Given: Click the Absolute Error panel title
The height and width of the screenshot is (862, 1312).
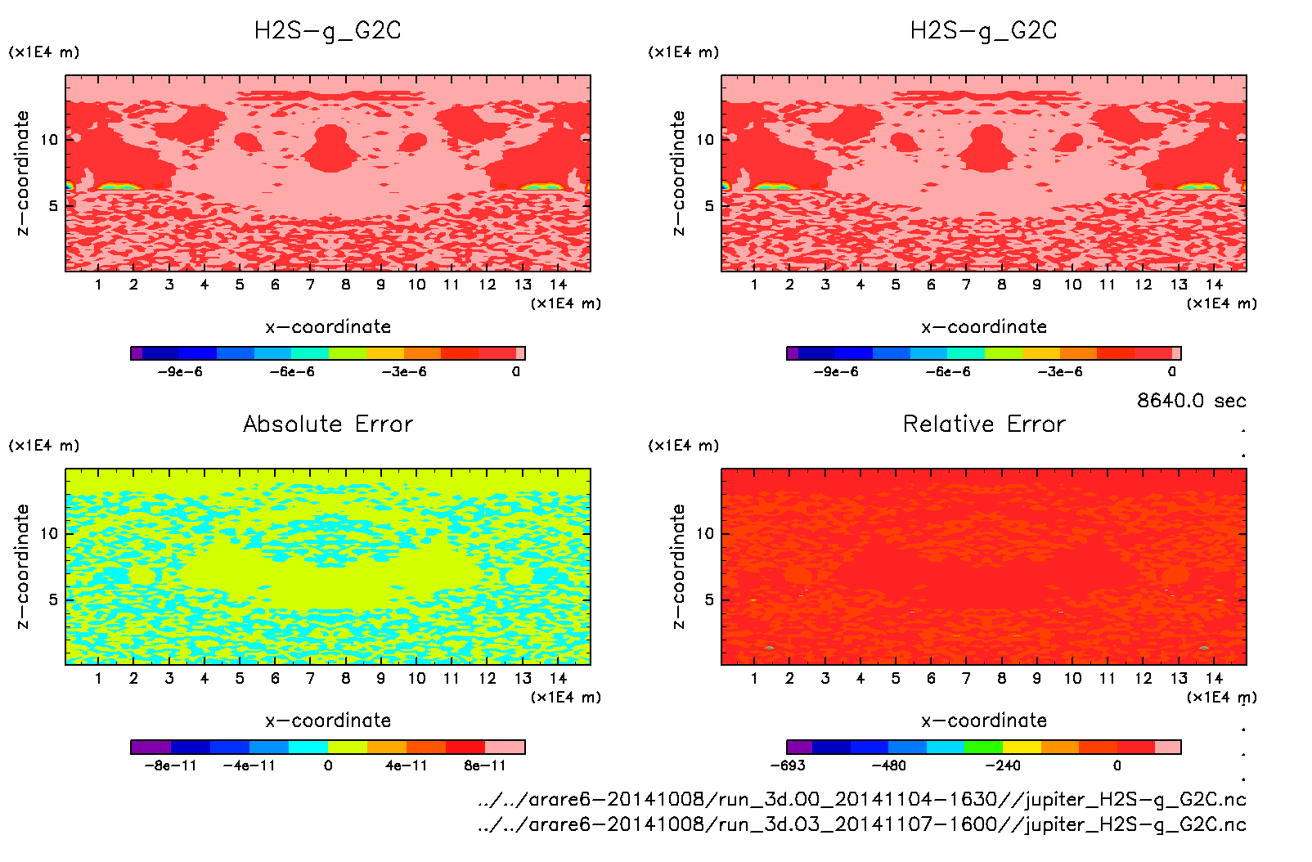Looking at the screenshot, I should [328, 424].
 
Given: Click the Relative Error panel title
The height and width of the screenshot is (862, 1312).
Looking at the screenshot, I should [984, 424].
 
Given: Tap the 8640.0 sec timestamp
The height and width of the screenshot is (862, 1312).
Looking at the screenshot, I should [1191, 401].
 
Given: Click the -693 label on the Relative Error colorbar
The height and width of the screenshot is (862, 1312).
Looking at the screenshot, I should [788, 765].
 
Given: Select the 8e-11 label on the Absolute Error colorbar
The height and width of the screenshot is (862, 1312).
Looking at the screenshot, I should [485, 765].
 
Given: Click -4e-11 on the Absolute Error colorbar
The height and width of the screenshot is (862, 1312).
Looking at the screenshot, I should [249, 765].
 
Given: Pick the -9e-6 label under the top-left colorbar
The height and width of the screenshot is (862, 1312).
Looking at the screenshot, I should [180, 372].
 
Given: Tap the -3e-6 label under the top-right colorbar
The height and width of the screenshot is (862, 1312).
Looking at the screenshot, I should [1060, 372].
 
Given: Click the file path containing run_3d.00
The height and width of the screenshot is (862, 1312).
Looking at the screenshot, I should [861, 799].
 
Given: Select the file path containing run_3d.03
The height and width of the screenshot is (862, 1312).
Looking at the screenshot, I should [861, 824].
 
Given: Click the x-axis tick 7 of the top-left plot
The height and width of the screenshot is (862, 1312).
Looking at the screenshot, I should [310, 285].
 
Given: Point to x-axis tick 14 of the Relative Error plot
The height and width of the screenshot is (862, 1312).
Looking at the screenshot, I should [1214, 678].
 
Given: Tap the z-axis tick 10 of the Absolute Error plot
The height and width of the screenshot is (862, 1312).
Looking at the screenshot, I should [50, 533].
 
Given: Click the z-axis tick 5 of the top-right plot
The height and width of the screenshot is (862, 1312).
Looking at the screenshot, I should [709, 206].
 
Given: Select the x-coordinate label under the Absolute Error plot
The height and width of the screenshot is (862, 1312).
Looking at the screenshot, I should [328, 721].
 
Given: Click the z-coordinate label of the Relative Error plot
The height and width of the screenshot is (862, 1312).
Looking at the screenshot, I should [678, 566].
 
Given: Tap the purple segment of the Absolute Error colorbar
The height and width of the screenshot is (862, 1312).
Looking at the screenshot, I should [151, 747].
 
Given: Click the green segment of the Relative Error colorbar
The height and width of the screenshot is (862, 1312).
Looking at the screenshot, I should [983, 747].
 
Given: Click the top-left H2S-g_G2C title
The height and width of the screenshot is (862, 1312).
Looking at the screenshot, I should [328, 31].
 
